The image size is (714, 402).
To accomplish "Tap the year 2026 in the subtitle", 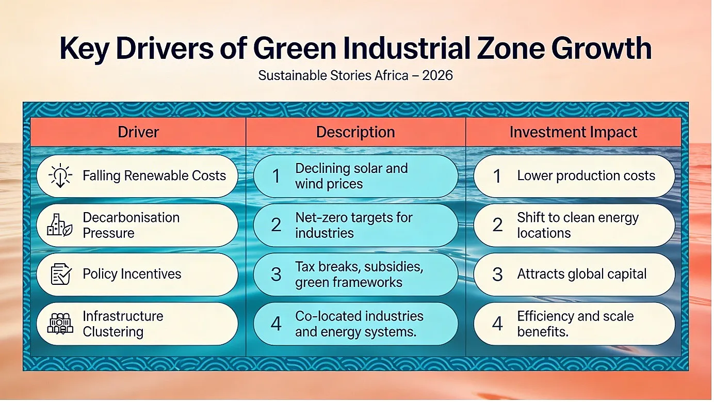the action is point(437,75).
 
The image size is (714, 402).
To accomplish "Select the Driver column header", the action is point(138,132).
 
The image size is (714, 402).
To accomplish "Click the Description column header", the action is point(355,132).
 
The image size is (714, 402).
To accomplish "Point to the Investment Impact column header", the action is point(573,132).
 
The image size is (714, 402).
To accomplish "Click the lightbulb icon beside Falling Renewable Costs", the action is point(60,175).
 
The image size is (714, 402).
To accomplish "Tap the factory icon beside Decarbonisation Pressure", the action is point(60,225).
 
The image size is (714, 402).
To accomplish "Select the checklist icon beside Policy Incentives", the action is point(61,274).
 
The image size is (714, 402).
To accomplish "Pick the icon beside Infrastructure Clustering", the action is point(60,323).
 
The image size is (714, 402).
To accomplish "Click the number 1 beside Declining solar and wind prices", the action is point(276,176).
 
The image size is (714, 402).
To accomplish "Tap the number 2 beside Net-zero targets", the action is point(276,225).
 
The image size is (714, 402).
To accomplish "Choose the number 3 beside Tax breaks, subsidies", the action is point(276,274).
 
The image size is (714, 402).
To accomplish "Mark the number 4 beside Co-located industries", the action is point(276,324).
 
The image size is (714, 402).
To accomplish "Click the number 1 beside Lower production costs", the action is point(497,176).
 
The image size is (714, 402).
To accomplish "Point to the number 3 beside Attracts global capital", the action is point(497,274).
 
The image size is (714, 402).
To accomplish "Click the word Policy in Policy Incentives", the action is point(98,274).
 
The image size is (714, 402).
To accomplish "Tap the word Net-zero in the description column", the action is point(320,217).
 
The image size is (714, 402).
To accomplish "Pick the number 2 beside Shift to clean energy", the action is point(497,225).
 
